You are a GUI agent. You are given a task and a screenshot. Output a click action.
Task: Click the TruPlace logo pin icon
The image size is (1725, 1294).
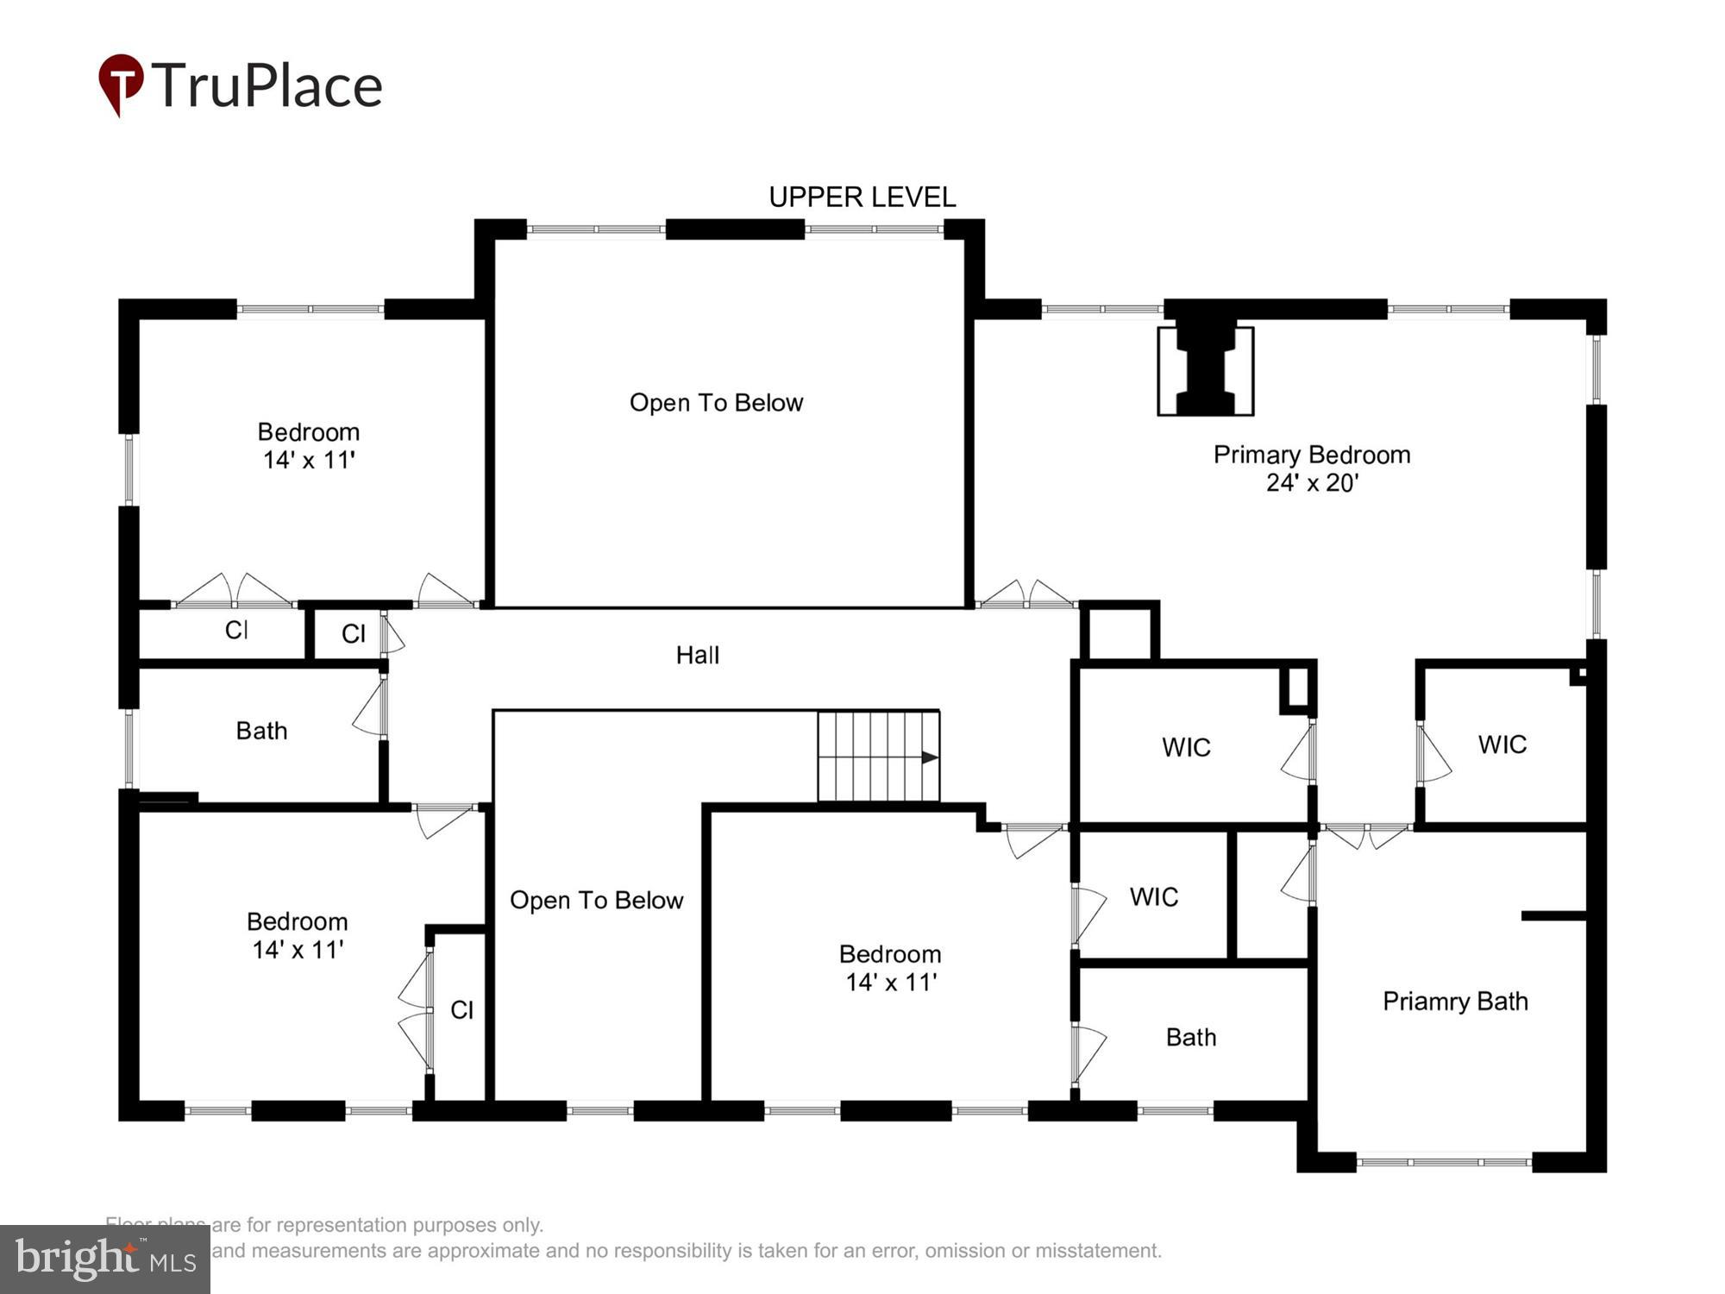coord(121,84)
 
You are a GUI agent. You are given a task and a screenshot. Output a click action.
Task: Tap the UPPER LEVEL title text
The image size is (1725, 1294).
coord(862,198)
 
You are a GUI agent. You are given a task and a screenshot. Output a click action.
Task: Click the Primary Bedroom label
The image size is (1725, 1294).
coord(1311,455)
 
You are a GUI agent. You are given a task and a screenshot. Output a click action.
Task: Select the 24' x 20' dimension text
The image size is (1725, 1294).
coord(1311,483)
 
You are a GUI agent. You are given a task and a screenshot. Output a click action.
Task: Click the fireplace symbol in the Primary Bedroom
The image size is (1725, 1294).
coord(1205,371)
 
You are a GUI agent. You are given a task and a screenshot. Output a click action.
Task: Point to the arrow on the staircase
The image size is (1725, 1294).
coord(929,757)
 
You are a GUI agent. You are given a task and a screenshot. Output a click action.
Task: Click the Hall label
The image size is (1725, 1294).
coord(697,656)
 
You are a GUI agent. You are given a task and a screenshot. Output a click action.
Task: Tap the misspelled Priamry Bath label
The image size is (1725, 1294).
coord(1455,1002)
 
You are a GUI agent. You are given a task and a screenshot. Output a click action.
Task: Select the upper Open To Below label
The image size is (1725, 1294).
coord(716,403)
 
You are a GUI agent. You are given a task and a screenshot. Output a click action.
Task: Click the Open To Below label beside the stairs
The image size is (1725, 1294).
coord(596,901)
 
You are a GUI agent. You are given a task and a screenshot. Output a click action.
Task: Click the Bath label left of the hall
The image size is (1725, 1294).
coord(261,732)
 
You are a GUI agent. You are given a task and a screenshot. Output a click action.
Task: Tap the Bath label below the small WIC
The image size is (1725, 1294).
coord(1190,1037)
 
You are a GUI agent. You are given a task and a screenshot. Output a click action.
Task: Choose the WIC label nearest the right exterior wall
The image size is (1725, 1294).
coord(1502,744)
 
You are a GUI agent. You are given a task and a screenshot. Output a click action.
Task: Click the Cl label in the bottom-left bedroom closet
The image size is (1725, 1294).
coord(461,1010)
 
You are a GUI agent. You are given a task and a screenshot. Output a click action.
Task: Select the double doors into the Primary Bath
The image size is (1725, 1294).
coord(1366,832)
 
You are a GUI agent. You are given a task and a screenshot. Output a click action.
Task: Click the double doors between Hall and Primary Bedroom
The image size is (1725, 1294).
coord(1026,595)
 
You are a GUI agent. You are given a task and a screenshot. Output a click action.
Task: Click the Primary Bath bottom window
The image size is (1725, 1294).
coord(1444,1162)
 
